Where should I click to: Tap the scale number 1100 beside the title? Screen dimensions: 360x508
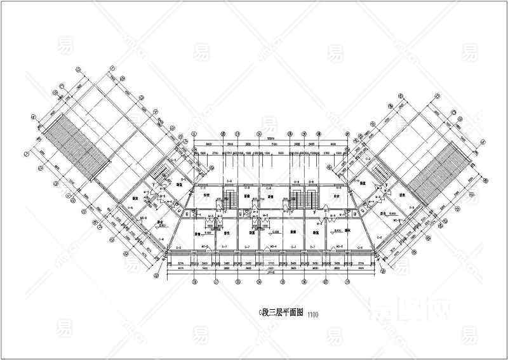[313, 314]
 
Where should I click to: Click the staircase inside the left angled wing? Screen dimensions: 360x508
[162, 171]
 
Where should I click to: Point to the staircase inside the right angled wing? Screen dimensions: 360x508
[379, 172]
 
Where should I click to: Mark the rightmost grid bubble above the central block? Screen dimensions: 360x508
[346, 135]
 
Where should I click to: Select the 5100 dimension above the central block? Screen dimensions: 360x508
[271, 145]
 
